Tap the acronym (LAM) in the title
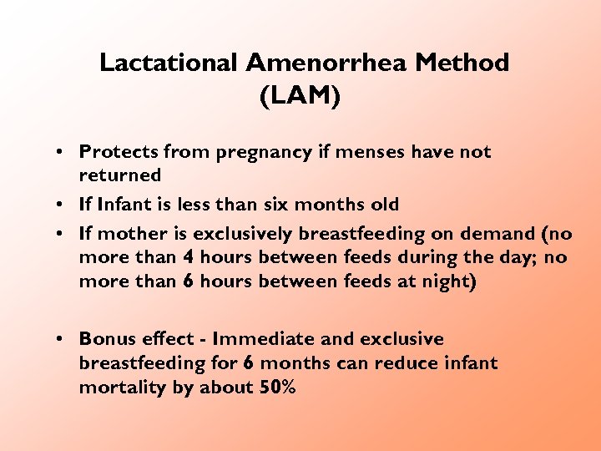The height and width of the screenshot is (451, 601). [x=300, y=97]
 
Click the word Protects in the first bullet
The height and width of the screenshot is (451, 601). [x=119, y=152]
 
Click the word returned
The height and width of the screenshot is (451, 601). [x=119, y=175]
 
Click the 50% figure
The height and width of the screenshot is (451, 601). [x=277, y=388]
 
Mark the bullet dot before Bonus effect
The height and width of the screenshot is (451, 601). [x=62, y=340]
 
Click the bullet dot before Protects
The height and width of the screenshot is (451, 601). [x=62, y=153]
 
